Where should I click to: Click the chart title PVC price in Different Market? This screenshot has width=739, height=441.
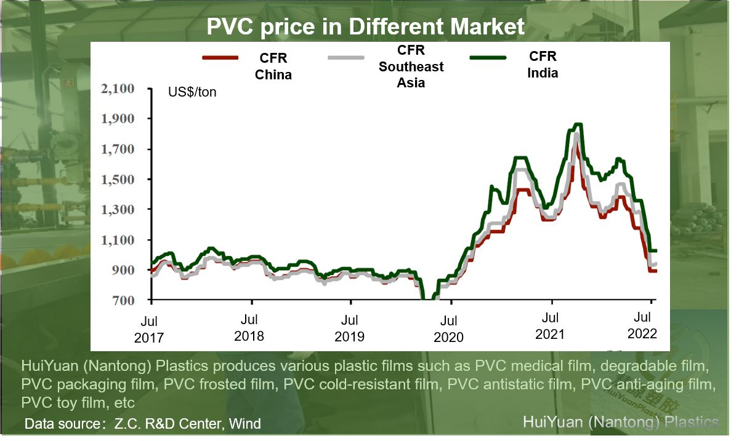click(x=365, y=26)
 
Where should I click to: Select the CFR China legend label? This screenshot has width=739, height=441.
click(x=273, y=66)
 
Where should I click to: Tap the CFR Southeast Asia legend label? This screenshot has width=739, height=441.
click(x=411, y=66)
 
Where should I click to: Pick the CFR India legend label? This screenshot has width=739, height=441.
click(x=543, y=65)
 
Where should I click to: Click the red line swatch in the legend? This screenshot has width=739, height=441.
click(x=220, y=58)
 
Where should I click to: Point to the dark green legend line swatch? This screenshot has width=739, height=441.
click(x=488, y=58)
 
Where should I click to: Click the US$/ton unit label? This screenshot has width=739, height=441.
click(x=192, y=93)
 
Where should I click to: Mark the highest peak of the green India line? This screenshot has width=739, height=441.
click(x=578, y=124)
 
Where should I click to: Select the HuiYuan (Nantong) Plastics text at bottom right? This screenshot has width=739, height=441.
click(x=620, y=422)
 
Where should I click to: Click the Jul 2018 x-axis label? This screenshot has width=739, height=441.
click(x=249, y=328)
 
